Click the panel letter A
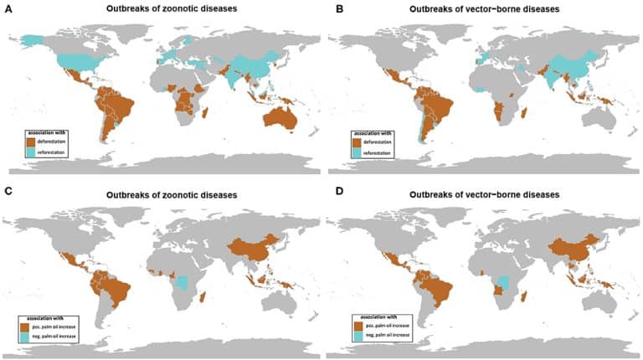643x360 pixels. point(7,9)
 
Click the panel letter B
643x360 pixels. point(329,9)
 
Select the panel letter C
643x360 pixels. point(7,195)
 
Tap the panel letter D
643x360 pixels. point(329,195)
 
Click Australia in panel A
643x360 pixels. point(276,118)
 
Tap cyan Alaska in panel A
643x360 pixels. point(31,40)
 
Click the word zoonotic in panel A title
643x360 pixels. point(172,9)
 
